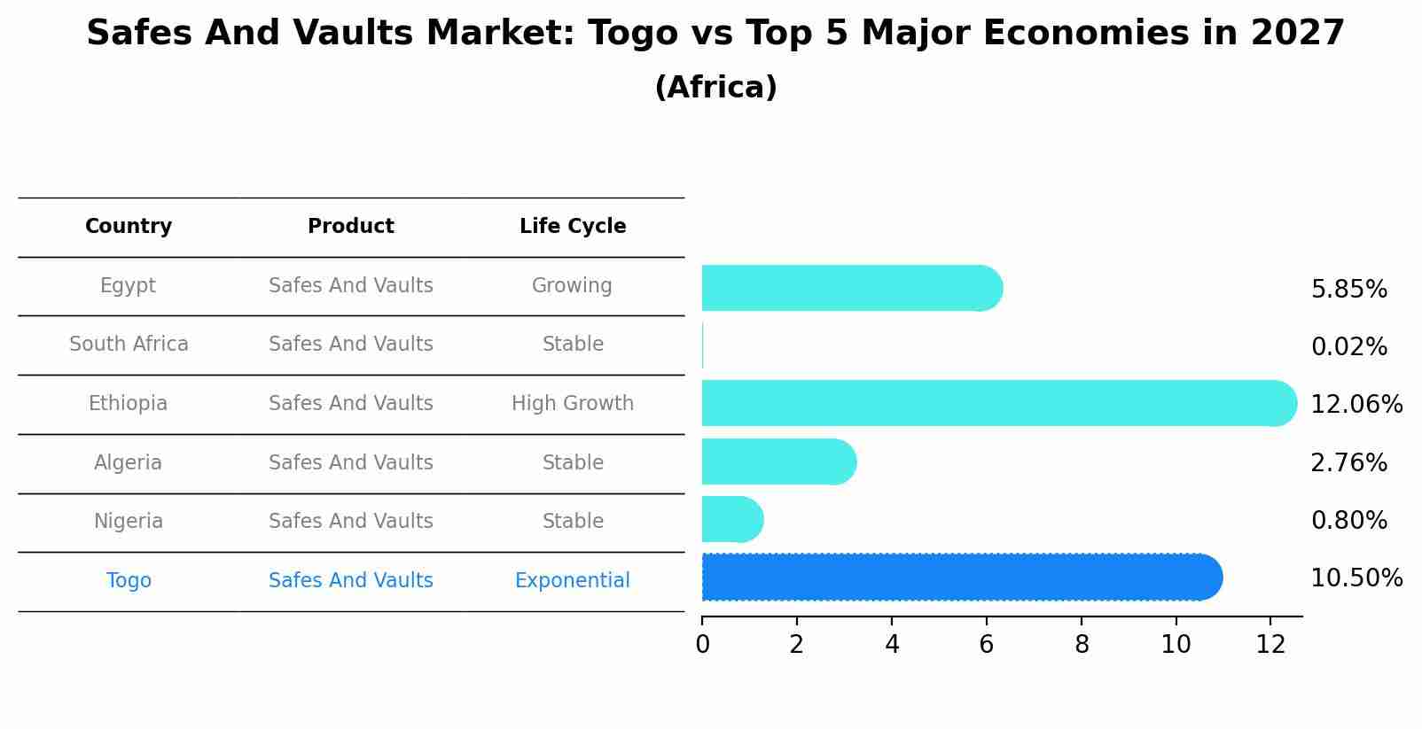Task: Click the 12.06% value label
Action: pos(1356,405)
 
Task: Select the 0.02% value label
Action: pos(1348,347)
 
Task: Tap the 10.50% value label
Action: pos(1356,578)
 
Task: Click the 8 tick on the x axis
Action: pos(1082,645)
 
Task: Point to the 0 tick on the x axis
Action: pos(702,645)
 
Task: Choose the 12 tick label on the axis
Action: pos(1270,645)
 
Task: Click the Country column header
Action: pos(129,227)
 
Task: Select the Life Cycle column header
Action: pos(573,227)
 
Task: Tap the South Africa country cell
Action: pos(129,345)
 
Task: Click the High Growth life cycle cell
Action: pos(573,404)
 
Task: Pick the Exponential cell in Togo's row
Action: pos(573,581)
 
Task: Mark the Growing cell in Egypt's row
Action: pos(573,286)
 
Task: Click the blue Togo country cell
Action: pos(129,581)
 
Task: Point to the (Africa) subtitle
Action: pos(715,88)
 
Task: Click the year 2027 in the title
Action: pos(1297,34)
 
